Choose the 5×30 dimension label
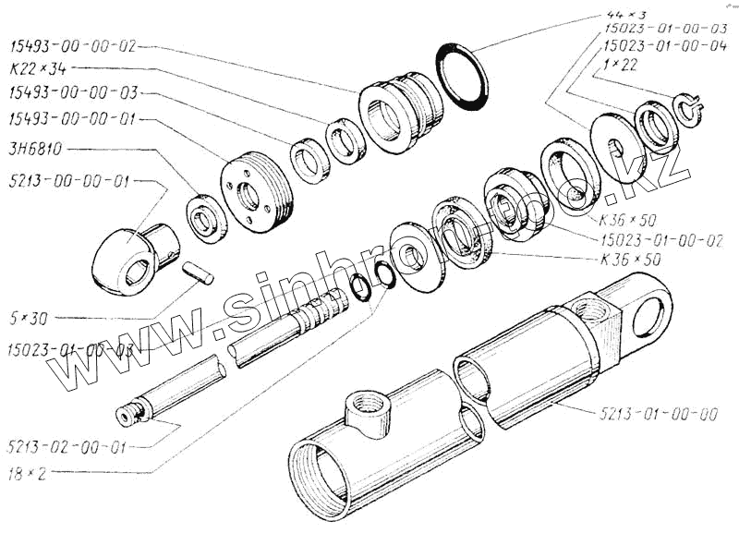[x=29, y=319]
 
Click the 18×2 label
[x=30, y=473]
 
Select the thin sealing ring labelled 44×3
[x=462, y=76]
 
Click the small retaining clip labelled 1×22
[x=687, y=109]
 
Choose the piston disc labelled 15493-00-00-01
[x=256, y=192]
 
